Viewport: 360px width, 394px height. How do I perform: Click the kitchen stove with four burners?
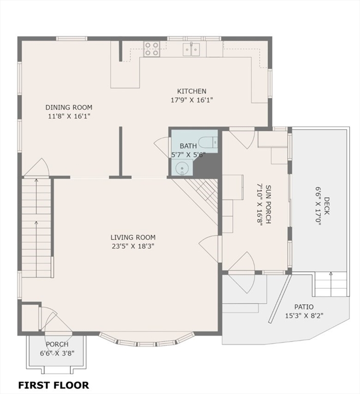(x=152, y=49)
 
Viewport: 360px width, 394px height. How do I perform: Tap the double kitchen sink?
(x=191, y=49)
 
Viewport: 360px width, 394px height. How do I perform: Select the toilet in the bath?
(x=208, y=143)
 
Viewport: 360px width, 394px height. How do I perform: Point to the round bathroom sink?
(x=181, y=168)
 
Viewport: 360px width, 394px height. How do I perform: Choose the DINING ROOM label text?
(x=69, y=107)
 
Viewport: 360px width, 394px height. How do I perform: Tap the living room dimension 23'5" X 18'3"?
(x=133, y=246)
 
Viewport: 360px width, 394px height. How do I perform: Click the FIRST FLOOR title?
(x=53, y=385)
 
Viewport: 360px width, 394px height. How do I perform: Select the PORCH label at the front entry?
(x=57, y=344)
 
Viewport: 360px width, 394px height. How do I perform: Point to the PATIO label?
(x=304, y=307)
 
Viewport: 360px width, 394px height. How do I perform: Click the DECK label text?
(x=327, y=206)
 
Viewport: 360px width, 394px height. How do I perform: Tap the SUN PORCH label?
(x=268, y=204)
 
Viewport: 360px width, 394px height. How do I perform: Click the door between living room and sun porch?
(x=209, y=249)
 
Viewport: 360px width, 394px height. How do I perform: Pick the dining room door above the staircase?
(x=37, y=168)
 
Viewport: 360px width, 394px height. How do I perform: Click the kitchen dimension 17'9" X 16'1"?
(x=192, y=100)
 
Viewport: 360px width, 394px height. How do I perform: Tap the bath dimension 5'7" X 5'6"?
(x=188, y=154)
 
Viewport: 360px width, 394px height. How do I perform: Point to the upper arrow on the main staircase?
(x=36, y=196)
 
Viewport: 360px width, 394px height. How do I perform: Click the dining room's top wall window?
(x=72, y=38)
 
